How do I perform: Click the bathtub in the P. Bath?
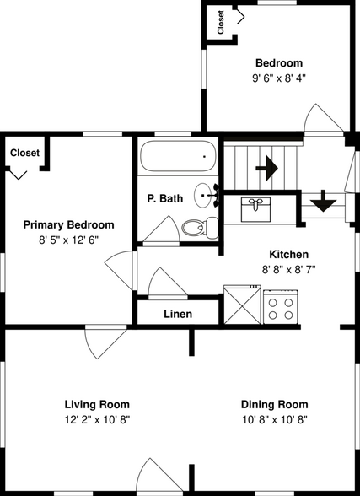point(178,156)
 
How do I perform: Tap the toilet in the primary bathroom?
point(200,228)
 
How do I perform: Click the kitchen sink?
point(255,209)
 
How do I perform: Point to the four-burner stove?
point(281,306)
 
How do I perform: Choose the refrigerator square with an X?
point(243,305)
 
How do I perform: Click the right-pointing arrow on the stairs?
point(266,168)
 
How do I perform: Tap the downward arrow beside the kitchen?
point(323,201)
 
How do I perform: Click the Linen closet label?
point(178,314)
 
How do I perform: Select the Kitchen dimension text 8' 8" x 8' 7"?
point(289,270)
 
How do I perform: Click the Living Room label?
point(97,404)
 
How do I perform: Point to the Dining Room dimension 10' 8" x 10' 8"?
point(275,420)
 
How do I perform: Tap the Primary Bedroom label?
point(68,224)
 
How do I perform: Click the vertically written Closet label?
point(221,22)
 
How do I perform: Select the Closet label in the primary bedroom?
point(24,153)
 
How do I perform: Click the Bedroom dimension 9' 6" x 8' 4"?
point(279,78)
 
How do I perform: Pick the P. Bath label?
point(165,198)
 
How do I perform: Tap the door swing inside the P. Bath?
point(161,229)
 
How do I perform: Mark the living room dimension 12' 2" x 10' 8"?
point(97,420)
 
